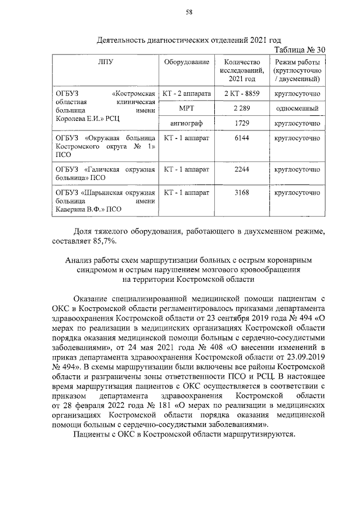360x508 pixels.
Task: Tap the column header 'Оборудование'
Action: click(186, 62)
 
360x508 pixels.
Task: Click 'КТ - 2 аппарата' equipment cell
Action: click(186, 92)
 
